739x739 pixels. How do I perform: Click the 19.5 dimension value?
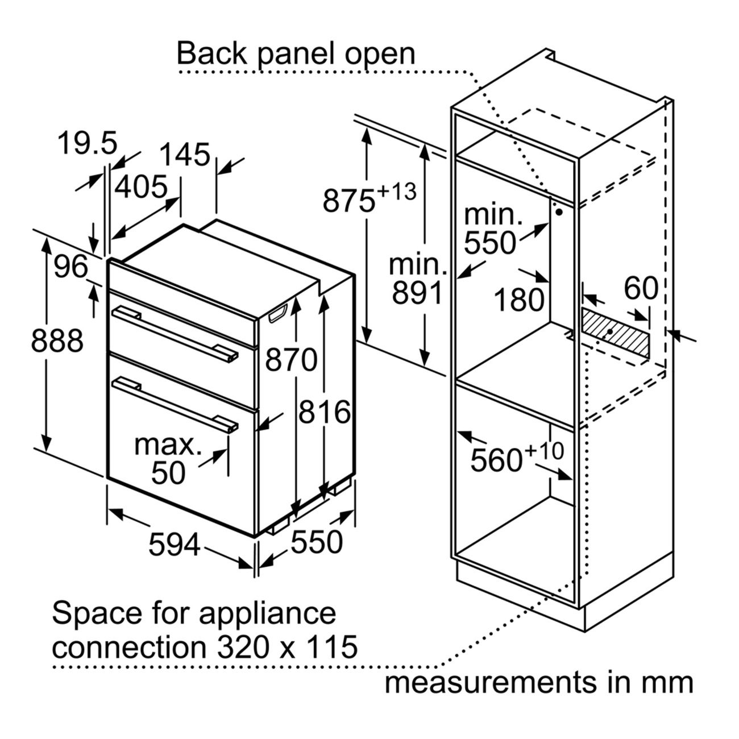pyautogui.click(x=88, y=143)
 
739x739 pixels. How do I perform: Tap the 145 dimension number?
pyautogui.click(x=185, y=155)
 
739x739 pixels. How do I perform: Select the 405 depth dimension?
pyautogui.click(x=141, y=187)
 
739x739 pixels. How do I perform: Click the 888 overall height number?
pyautogui.click(x=57, y=341)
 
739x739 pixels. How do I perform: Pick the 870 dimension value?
pyautogui.click(x=292, y=359)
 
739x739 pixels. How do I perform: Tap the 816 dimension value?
pyautogui.click(x=325, y=412)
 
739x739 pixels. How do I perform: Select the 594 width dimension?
pyautogui.click(x=175, y=544)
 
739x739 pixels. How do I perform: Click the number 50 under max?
pyautogui.click(x=168, y=473)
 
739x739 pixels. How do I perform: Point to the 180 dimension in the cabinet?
pyautogui.click(x=520, y=299)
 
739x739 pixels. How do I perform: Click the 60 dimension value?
pyautogui.click(x=641, y=288)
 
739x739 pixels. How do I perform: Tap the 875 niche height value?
pyautogui.click(x=348, y=201)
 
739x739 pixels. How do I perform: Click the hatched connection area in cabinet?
pyautogui.click(x=616, y=333)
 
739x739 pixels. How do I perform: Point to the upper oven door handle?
pyautogui.click(x=175, y=333)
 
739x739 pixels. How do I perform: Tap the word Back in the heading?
pyautogui.click(x=211, y=53)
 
